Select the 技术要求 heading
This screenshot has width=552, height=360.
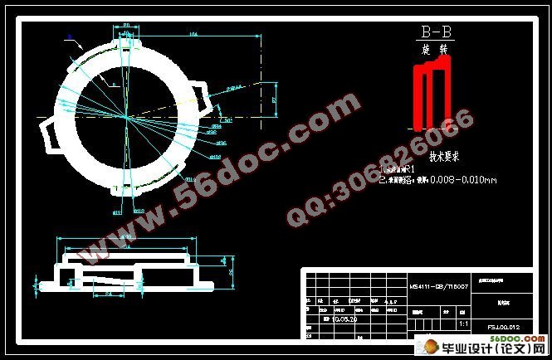click(x=445, y=155)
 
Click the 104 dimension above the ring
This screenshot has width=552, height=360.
click(x=193, y=35)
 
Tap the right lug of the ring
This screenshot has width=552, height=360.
click(x=200, y=95)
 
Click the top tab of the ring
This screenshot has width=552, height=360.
click(x=124, y=33)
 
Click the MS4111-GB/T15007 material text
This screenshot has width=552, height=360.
click(x=439, y=285)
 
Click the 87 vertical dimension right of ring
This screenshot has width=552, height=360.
click(x=275, y=99)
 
